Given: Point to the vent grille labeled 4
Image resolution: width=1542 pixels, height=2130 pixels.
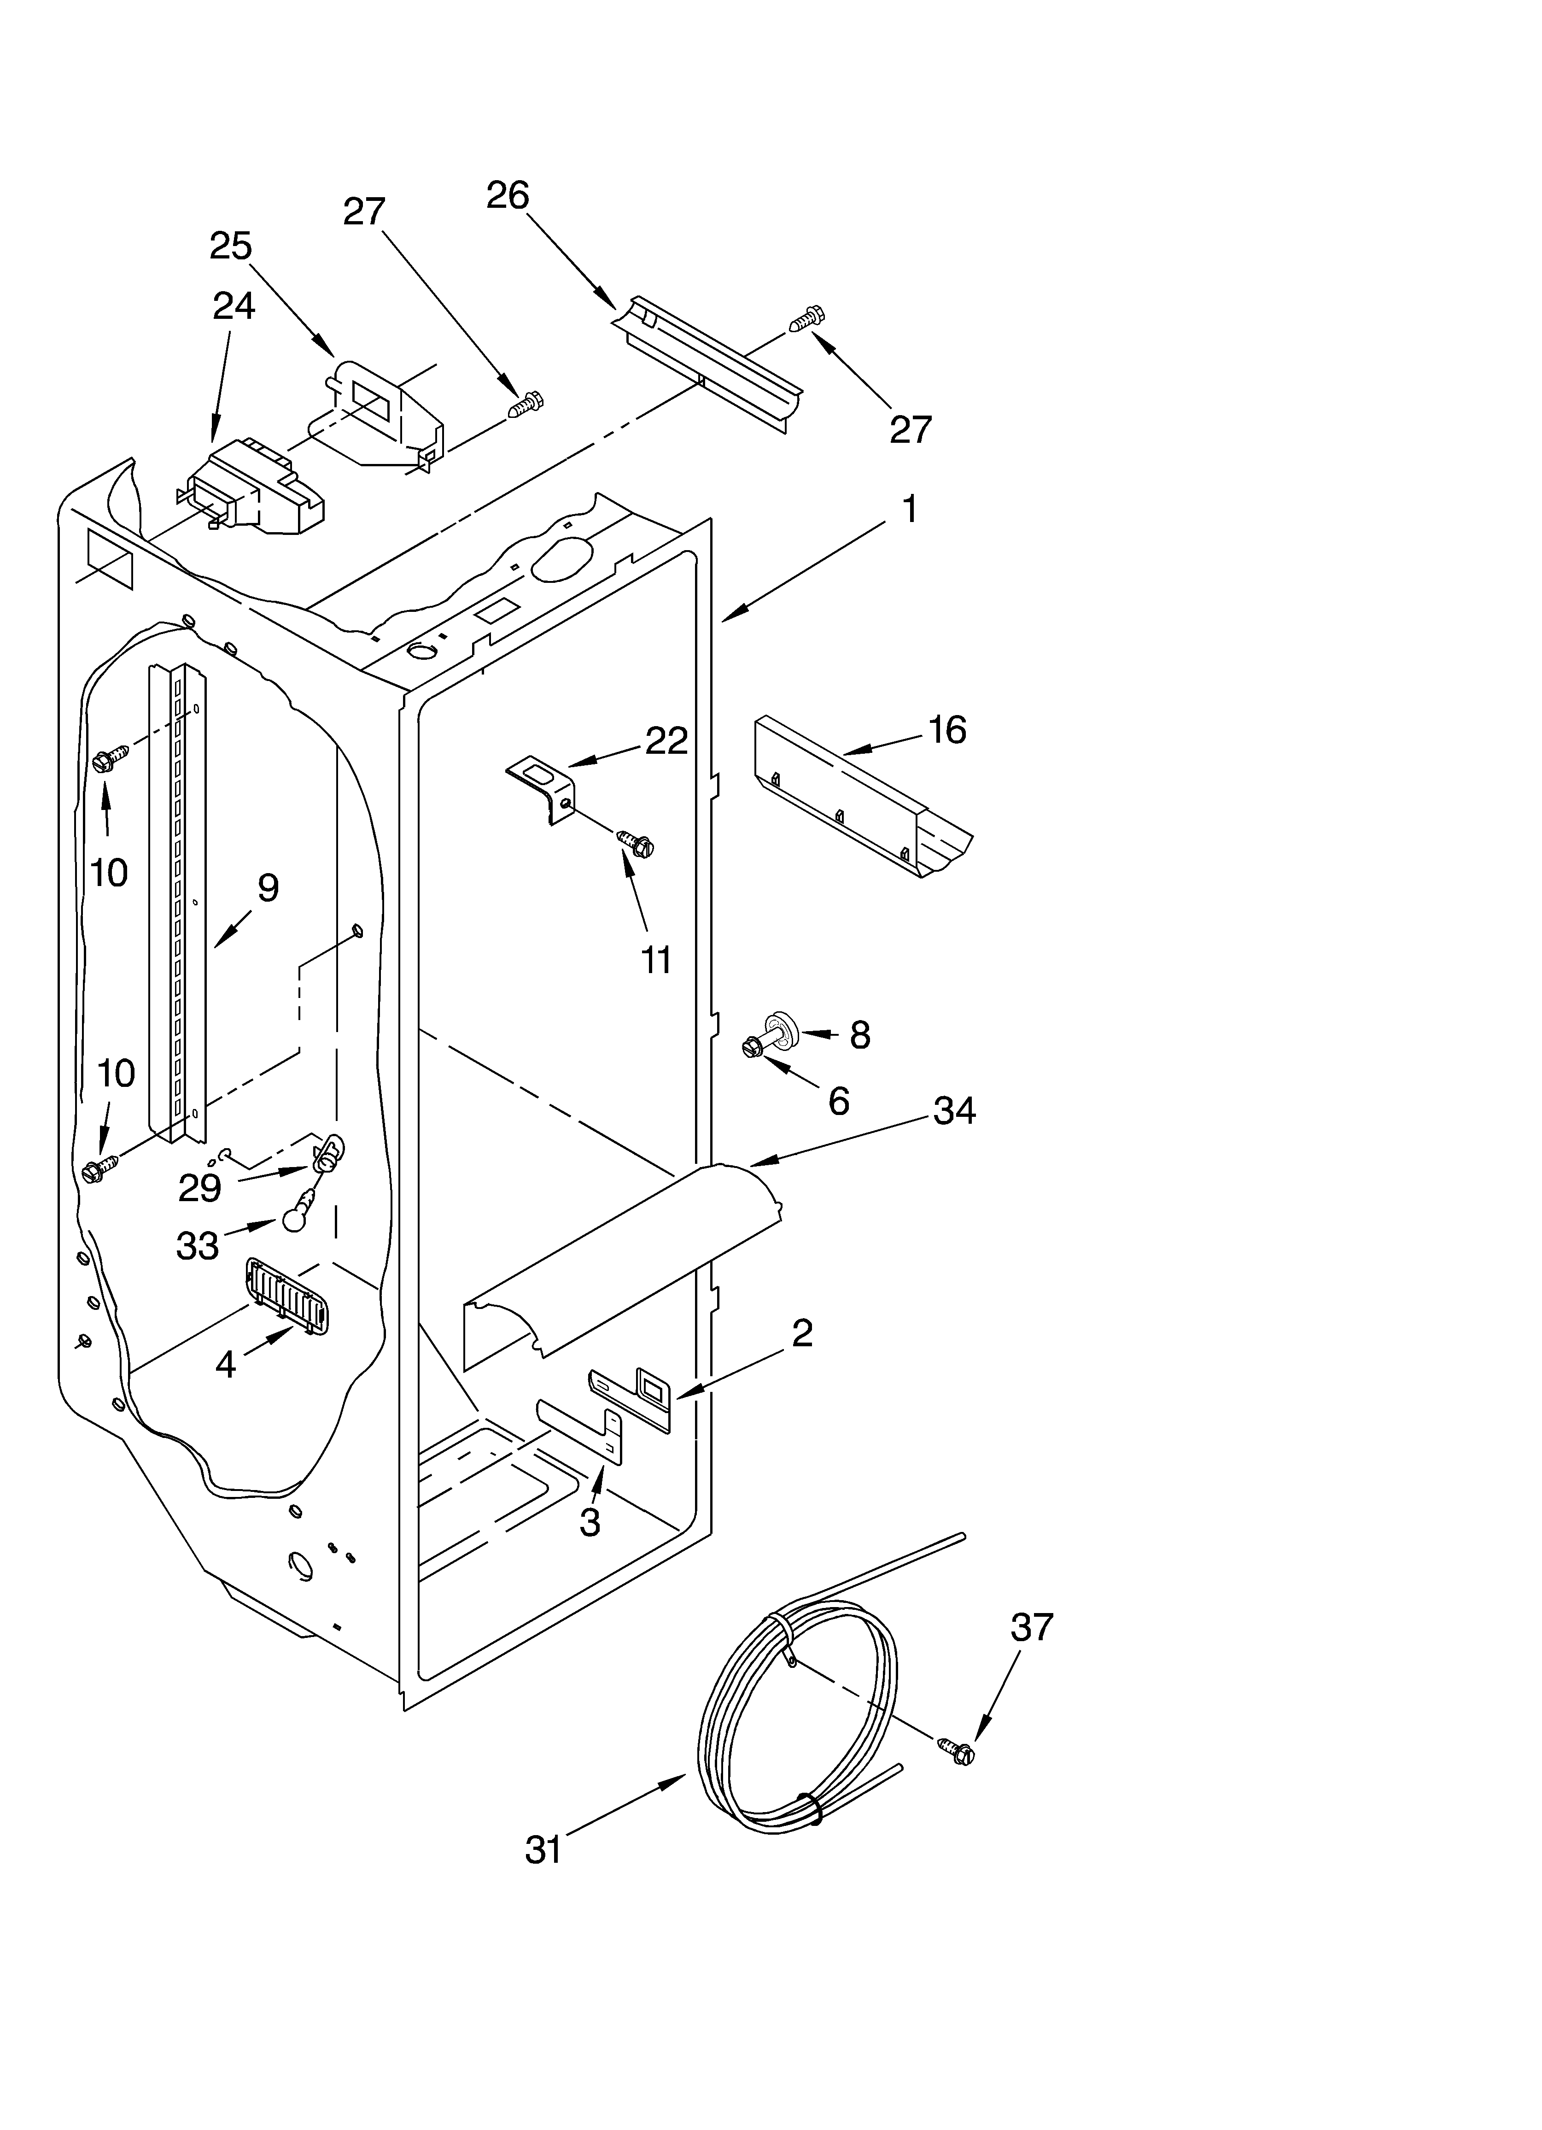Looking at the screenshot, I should click(x=285, y=1296).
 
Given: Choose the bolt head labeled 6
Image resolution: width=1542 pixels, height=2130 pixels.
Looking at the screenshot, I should click(x=751, y=1045).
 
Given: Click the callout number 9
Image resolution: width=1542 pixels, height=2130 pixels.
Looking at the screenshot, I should click(x=268, y=887).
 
